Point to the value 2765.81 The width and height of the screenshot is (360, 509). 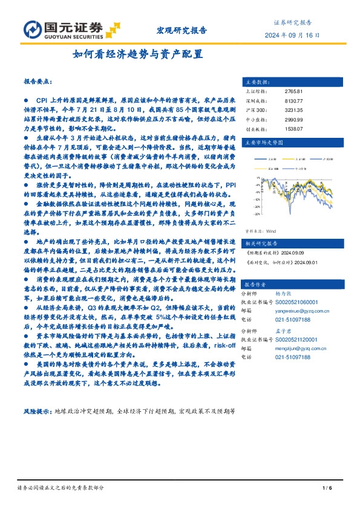pos(293,91)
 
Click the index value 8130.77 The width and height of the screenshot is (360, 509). pos(293,101)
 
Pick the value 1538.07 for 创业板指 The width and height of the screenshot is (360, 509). pos(293,129)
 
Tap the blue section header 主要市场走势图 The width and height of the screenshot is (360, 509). pos(262,143)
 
